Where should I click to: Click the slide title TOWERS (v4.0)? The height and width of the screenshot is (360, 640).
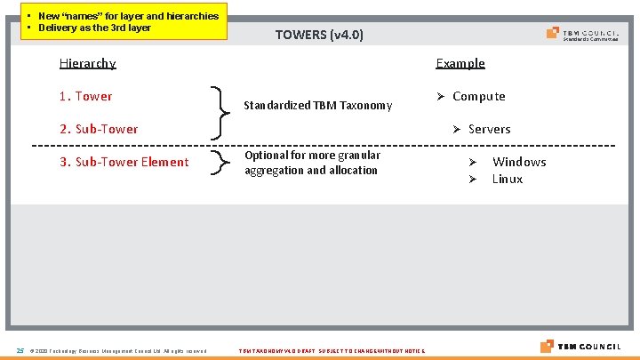pyautogui.click(x=319, y=35)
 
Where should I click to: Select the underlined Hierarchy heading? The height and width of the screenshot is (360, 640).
pyautogui.click(x=87, y=63)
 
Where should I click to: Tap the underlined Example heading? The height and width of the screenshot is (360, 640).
pyautogui.click(x=460, y=63)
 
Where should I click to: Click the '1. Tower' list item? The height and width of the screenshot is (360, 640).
pyautogui.click(x=85, y=96)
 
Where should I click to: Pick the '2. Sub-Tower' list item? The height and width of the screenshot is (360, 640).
pyautogui.click(x=99, y=129)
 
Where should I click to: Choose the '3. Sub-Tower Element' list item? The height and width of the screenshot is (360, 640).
pyautogui.click(x=124, y=162)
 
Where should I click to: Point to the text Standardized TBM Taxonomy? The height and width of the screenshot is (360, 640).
pyautogui.click(x=317, y=105)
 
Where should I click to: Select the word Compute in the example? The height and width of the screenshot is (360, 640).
pyautogui.click(x=478, y=96)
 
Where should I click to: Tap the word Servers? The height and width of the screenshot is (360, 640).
pyautogui.click(x=489, y=129)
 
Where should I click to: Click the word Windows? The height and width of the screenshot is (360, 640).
pyautogui.click(x=519, y=162)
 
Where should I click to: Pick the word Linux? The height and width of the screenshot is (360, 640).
pyautogui.click(x=508, y=179)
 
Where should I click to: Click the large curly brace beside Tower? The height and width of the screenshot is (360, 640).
pyautogui.click(x=218, y=112)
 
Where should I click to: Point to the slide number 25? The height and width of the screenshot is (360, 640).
pyautogui.click(x=20, y=349)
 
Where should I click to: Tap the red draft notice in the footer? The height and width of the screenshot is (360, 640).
pyautogui.click(x=332, y=350)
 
